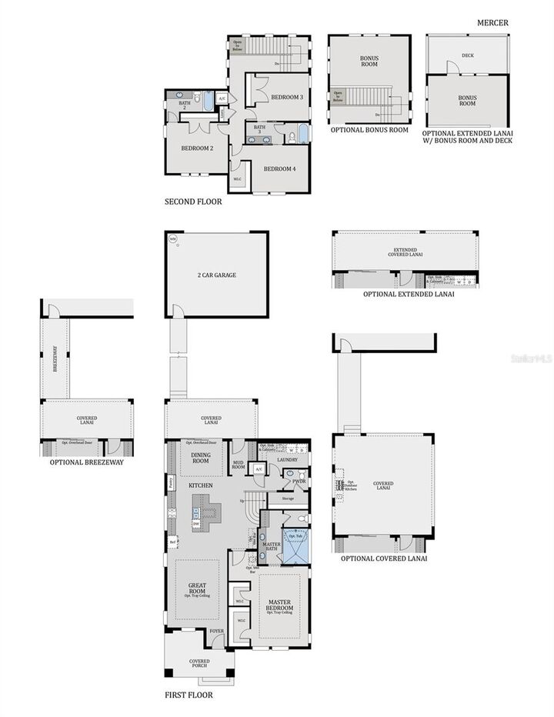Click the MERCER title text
tap(492, 23)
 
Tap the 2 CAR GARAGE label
tap(216, 275)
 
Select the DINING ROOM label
tap(200, 458)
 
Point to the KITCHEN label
tap(200, 485)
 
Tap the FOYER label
tap(217, 631)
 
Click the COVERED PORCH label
tap(199, 664)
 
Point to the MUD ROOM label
tap(239, 464)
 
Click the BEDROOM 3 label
tap(287, 97)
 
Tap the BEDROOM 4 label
tap(279, 168)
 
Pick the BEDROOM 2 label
tap(197, 148)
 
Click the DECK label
tap(468, 55)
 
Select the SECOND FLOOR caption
tap(193, 202)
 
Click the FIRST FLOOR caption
tap(189, 695)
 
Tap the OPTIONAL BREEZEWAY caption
tap(87, 462)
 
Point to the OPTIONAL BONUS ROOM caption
tap(369, 130)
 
